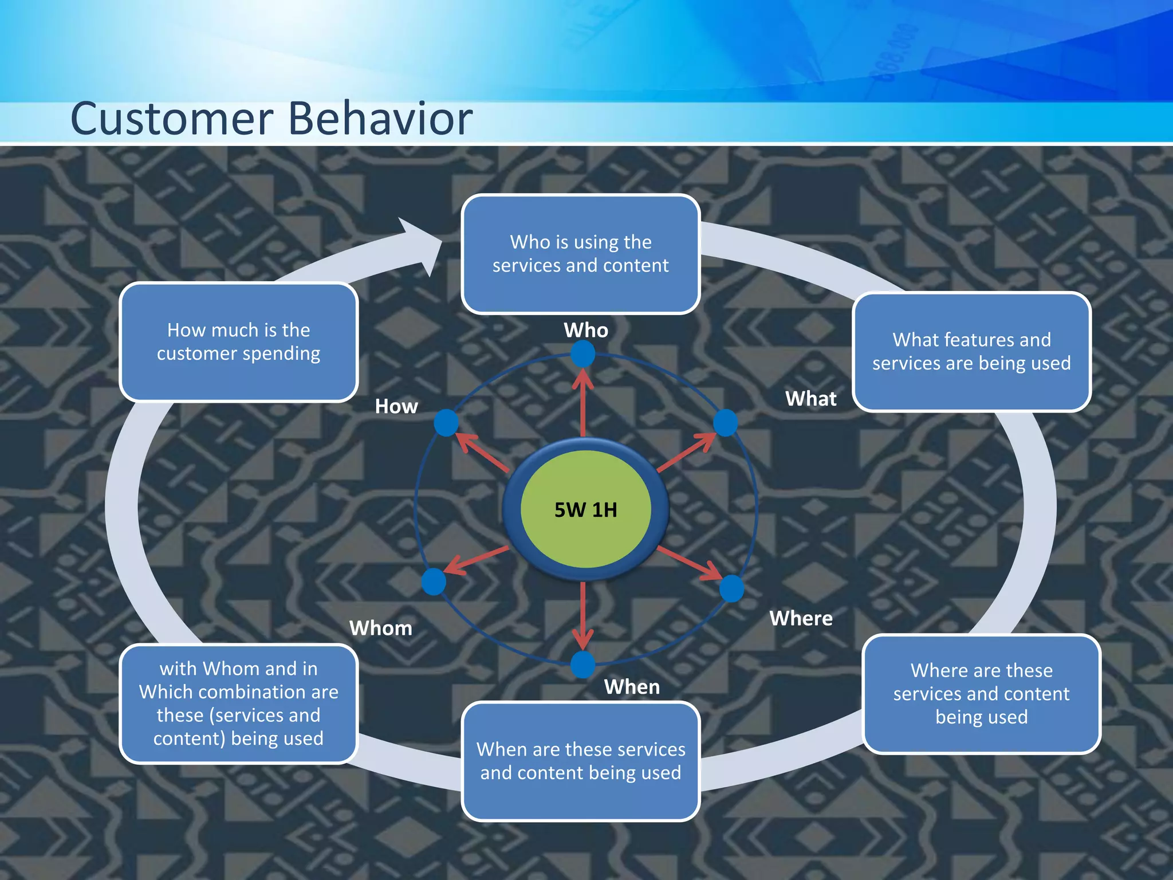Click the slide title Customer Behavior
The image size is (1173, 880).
click(x=271, y=119)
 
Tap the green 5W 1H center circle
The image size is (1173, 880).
click(x=585, y=509)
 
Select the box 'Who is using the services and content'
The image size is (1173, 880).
click(x=581, y=254)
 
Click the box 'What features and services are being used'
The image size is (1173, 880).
click(x=971, y=352)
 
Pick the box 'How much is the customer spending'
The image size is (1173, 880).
click(x=239, y=342)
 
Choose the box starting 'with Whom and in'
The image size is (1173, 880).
click(x=239, y=704)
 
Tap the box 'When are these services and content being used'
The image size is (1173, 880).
click(x=581, y=761)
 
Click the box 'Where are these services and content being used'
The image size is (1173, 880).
click(x=981, y=694)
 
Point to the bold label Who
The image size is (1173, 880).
click(x=586, y=331)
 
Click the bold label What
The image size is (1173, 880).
click(x=810, y=399)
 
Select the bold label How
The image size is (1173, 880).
click(x=396, y=407)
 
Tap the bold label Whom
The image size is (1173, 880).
click(x=381, y=628)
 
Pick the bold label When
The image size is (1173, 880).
click(x=632, y=687)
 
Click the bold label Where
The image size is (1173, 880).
click(x=801, y=619)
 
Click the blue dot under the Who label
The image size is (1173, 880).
click(x=583, y=354)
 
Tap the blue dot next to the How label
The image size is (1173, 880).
click(x=446, y=423)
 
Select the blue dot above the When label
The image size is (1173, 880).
click(x=583, y=665)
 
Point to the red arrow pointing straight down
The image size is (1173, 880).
click(x=583, y=616)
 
